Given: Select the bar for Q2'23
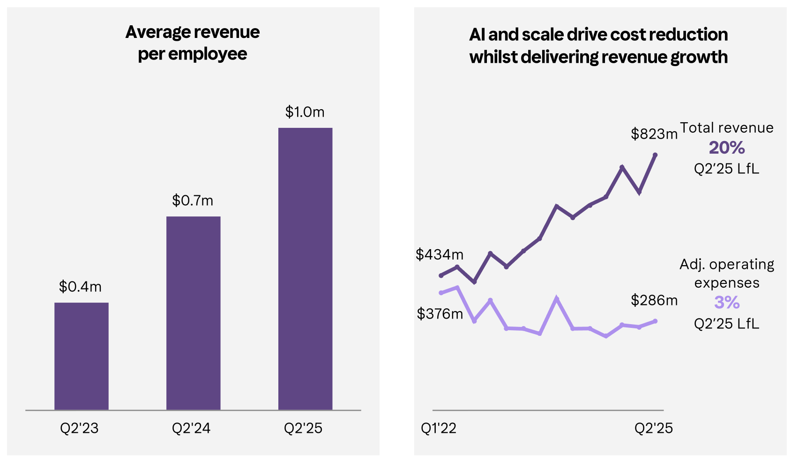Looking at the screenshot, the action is click(x=81, y=356).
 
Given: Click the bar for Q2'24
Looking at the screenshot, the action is click(x=193, y=313).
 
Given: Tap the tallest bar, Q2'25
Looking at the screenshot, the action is click(x=305, y=269).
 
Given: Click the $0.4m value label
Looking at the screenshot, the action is click(x=80, y=286).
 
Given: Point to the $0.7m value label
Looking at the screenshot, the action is click(x=193, y=200).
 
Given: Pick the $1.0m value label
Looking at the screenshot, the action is click(x=305, y=111).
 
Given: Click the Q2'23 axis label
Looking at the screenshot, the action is click(x=80, y=428).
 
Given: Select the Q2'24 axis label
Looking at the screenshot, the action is click(x=191, y=428).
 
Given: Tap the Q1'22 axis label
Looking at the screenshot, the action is click(x=439, y=428).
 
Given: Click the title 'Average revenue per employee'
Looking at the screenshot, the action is click(x=193, y=43).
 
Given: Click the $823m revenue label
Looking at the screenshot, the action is click(x=654, y=134).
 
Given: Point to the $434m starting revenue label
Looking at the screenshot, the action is click(x=439, y=254).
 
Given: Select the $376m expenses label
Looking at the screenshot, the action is click(x=440, y=313).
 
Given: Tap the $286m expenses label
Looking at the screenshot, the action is click(x=654, y=300).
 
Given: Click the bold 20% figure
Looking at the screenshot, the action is click(x=727, y=148).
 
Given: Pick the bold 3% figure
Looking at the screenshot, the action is click(x=727, y=302).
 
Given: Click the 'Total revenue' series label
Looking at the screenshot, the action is click(x=727, y=127).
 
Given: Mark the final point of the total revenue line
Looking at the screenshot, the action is click(x=655, y=155).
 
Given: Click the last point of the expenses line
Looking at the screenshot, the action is click(x=656, y=321).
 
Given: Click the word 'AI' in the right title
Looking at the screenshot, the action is click(x=477, y=35).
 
